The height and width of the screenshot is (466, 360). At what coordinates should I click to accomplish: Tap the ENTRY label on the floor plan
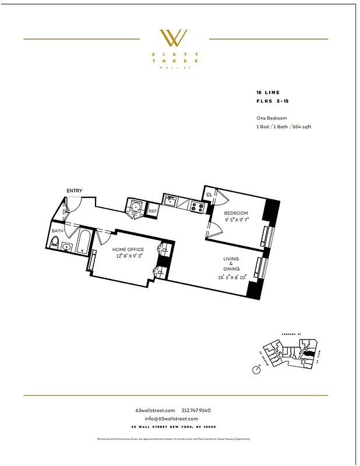[74, 190]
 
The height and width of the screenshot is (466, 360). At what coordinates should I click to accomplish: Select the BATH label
[57, 231]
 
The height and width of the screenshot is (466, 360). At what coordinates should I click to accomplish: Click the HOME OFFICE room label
[128, 249]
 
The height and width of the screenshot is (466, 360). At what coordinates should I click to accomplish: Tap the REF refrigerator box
[153, 211]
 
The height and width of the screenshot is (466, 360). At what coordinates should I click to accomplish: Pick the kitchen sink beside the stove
[170, 202]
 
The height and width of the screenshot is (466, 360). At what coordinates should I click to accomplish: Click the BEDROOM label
[237, 213]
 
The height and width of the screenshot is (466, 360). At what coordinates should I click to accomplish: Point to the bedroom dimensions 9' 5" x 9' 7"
[237, 220]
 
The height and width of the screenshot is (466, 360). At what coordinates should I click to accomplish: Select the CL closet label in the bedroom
[209, 195]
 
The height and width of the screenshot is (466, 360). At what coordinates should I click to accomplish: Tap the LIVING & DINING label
[231, 264]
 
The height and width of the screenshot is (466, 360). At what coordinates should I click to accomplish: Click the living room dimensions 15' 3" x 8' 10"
[231, 277]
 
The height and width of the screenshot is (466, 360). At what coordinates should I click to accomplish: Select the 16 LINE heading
[267, 93]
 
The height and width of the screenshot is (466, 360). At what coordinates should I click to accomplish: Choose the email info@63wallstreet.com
[175, 419]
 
